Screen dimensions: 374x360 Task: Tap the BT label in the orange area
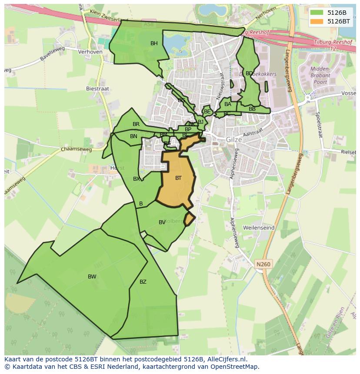coord(178,178)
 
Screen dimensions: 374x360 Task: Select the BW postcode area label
coord(92,277)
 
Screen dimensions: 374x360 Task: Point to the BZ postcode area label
coord(143,282)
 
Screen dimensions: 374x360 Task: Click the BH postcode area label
coord(154,43)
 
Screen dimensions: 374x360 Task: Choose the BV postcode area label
coord(162,222)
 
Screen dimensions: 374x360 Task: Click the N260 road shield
coord(263,264)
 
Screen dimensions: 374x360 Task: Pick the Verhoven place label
coord(90,52)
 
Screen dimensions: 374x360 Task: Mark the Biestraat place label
coord(98,89)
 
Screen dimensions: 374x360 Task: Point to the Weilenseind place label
coord(258,228)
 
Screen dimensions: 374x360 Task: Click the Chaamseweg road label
coord(77,149)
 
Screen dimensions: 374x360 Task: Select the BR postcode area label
coord(136,124)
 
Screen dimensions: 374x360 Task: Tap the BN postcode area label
coord(133,136)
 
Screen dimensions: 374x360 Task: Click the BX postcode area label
coord(137,179)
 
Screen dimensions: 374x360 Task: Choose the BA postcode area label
coord(227,104)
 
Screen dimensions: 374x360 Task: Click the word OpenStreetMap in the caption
coord(236,367)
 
